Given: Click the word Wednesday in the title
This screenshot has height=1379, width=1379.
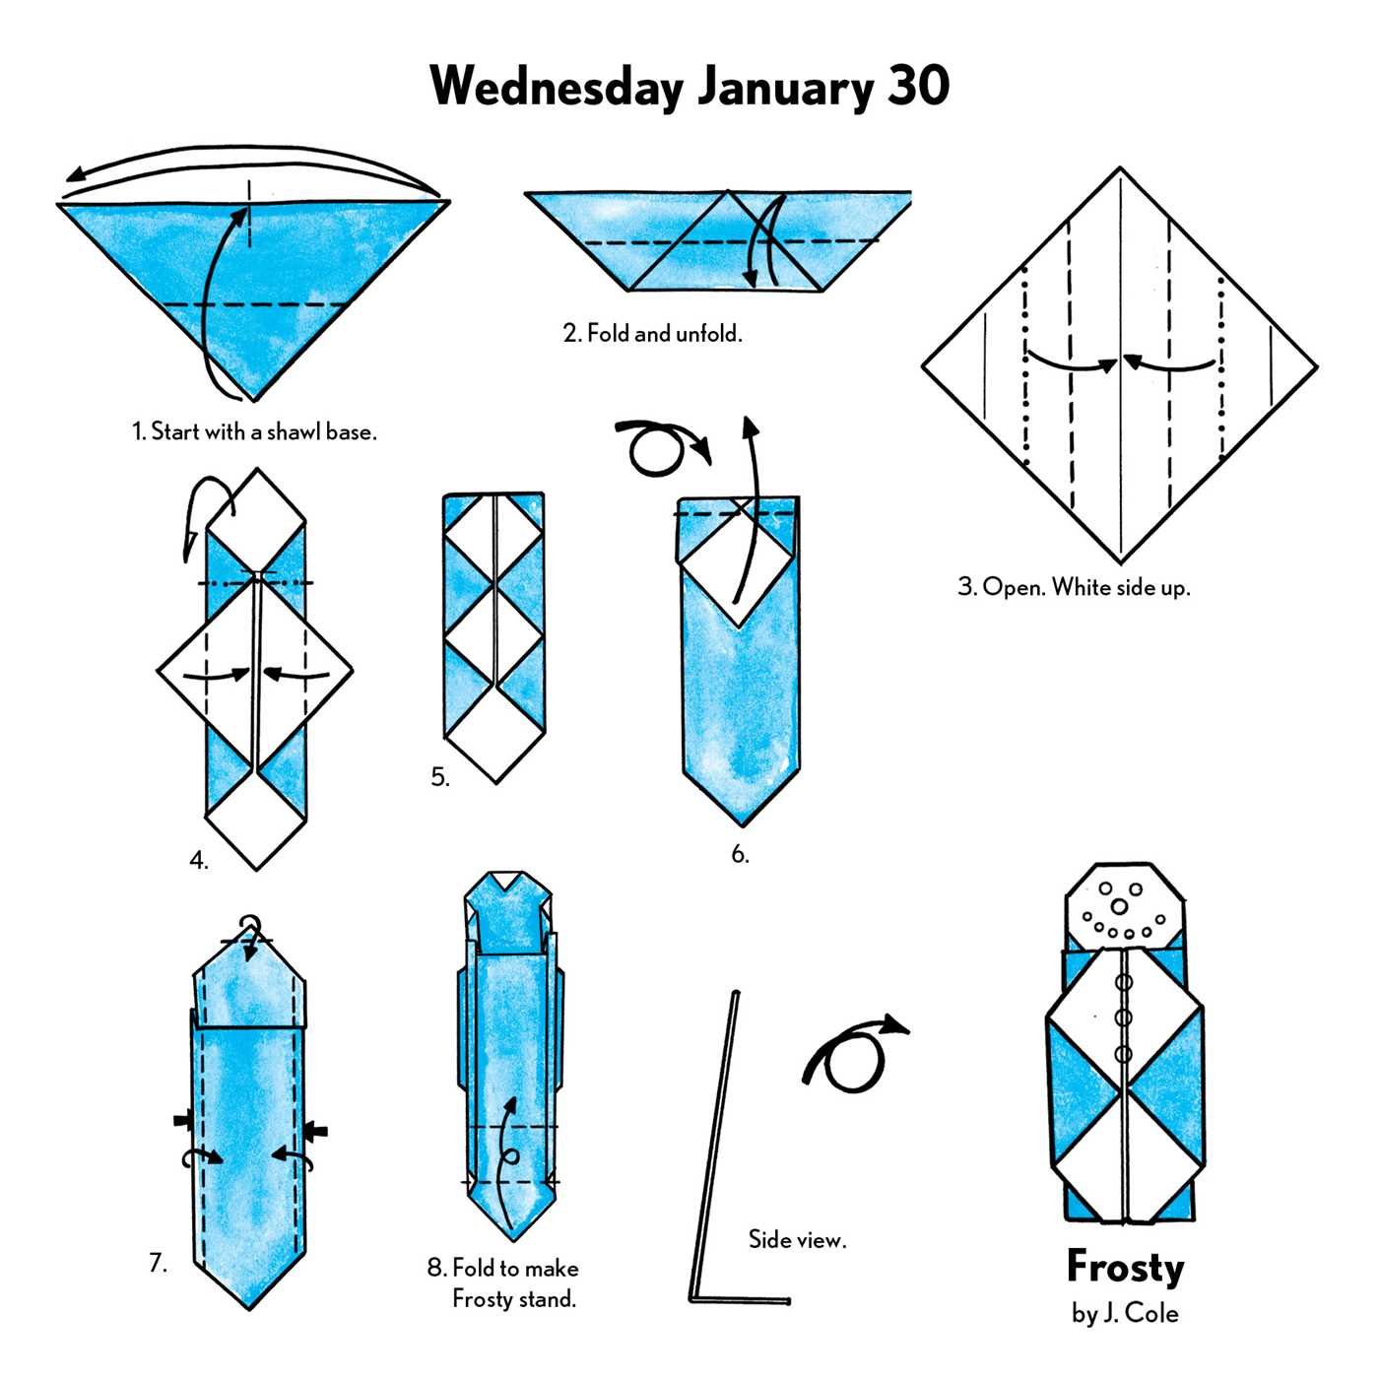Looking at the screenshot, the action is tap(557, 87).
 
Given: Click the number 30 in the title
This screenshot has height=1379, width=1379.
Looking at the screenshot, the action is tap(918, 87).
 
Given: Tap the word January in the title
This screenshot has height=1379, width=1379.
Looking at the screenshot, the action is tap(785, 89).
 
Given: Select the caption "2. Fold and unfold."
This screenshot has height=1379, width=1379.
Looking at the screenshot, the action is tap(652, 334).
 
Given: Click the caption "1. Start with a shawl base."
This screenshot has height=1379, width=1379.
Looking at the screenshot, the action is tap(254, 431).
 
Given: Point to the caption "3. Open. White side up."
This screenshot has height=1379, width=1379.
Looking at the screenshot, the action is tap(1074, 588).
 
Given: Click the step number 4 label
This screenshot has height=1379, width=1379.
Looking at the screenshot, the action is tap(199, 861).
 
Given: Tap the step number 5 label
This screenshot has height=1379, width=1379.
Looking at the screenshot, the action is tap(440, 777).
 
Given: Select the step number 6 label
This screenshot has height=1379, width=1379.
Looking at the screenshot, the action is tap(740, 854).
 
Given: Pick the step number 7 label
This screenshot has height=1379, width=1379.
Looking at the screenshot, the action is tap(158, 1263).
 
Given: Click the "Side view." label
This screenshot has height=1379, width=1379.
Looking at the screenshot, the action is tap(797, 1239).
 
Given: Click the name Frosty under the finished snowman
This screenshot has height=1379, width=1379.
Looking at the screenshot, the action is tap(1125, 1268).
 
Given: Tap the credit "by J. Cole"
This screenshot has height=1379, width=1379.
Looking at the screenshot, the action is tap(1125, 1313).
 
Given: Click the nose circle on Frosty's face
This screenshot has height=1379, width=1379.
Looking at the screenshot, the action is tap(1119, 905).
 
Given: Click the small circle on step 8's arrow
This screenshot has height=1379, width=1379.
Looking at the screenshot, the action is tap(510, 1157).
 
